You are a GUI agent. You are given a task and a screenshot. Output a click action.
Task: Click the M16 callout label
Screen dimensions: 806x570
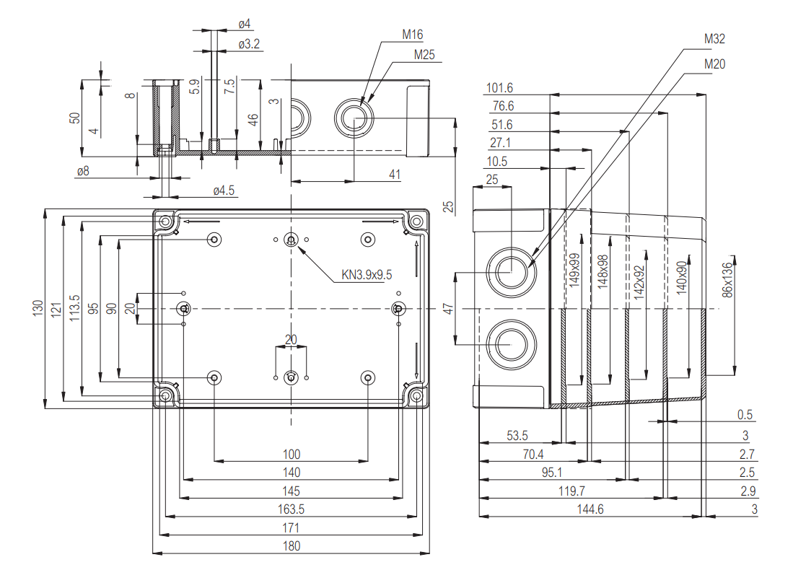click(412, 35)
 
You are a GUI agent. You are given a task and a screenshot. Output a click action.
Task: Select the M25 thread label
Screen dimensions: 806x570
click(424, 55)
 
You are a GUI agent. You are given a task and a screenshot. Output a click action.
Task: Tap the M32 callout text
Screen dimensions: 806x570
click(714, 38)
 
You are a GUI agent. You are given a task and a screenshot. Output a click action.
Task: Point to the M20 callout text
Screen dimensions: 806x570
click(714, 63)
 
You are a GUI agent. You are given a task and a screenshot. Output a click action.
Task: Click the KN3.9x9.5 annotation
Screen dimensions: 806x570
click(367, 275)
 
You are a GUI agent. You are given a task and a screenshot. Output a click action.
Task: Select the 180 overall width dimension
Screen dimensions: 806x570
click(292, 546)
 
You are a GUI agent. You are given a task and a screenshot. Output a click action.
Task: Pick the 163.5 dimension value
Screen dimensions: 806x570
click(291, 509)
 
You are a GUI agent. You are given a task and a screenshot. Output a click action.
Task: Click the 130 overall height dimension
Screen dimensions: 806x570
click(38, 308)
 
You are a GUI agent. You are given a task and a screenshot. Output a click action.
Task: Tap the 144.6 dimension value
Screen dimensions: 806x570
click(590, 509)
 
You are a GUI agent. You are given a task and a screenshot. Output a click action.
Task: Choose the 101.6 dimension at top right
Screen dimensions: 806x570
click(499, 88)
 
